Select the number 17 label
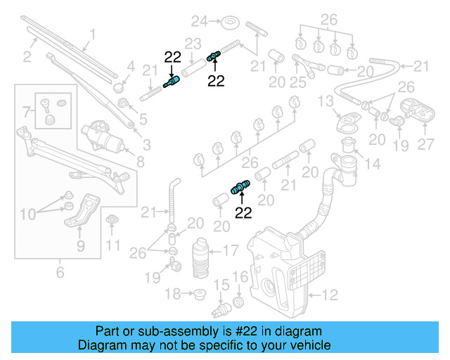tap(230, 249)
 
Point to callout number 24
tap(200, 20)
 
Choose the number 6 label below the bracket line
tap(60, 271)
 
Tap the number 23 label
tap(193, 44)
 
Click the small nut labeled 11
tap(111, 224)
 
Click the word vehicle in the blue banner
tap(311, 346)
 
